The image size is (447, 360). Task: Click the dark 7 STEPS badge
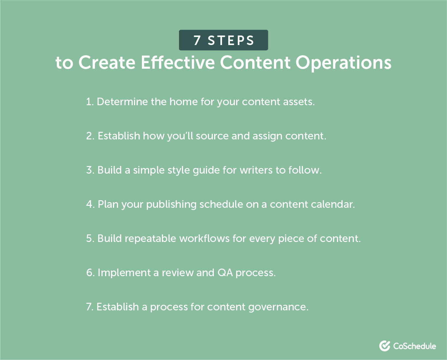pos(223,40)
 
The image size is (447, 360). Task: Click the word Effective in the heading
pos(178,62)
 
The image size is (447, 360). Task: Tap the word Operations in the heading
pos(344,62)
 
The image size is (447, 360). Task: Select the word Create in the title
pos(107,62)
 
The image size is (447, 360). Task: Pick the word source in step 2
pos(212,136)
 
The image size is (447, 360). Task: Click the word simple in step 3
pos(149,170)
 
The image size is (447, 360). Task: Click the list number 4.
pos(90,204)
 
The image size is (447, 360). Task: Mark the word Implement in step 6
pos(124,273)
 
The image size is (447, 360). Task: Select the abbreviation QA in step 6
pos(225,273)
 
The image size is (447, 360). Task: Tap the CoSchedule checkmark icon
pos(385,346)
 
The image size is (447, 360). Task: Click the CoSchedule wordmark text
pos(414,346)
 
